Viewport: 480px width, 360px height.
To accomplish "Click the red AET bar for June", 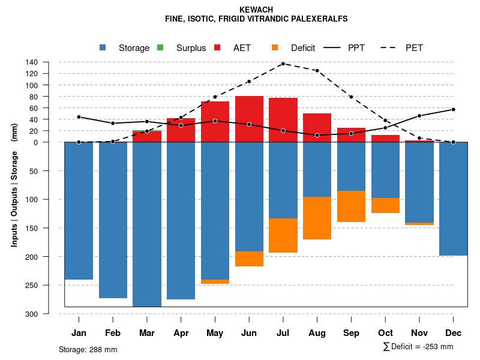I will pyautogui.click(x=249, y=119).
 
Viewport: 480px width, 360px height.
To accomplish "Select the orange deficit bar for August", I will pyautogui.click(x=317, y=218).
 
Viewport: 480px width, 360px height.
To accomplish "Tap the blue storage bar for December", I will pyautogui.click(x=453, y=199).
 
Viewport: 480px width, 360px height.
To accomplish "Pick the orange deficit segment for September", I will pyautogui.click(x=351, y=206).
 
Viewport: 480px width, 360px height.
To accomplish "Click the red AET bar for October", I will pyautogui.click(x=385, y=139).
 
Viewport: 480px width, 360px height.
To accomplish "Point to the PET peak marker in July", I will pyautogui.click(x=283, y=64).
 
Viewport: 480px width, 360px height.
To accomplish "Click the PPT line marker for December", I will pyautogui.click(x=453, y=109).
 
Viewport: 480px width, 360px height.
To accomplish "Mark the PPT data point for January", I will pyautogui.click(x=79, y=117).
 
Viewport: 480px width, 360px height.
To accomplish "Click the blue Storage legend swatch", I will pyautogui.click(x=103, y=48).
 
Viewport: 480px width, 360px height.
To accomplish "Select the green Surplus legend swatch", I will pyautogui.click(x=160, y=48).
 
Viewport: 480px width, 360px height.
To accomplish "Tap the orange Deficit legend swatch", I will pyautogui.click(x=275, y=48).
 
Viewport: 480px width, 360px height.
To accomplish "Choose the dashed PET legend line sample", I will pyautogui.click(x=390, y=48).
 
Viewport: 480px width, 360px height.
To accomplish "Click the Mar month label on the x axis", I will pyautogui.click(x=147, y=333).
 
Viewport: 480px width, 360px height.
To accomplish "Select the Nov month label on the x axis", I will pyautogui.click(x=419, y=333).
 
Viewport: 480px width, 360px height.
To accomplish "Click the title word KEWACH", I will pyautogui.click(x=256, y=10).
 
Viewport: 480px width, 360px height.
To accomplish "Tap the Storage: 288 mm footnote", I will pyautogui.click(x=88, y=349).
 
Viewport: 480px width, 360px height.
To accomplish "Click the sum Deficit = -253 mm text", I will pyautogui.click(x=418, y=347).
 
